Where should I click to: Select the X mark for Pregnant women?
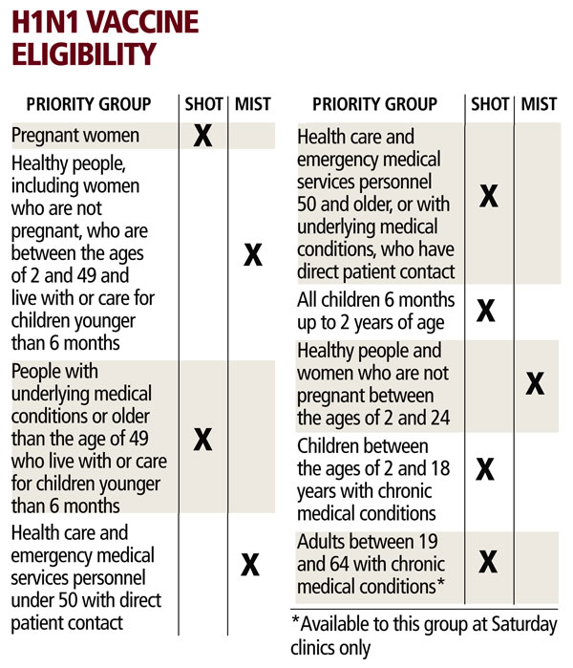click(x=202, y=136)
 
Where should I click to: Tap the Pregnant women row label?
click(x=75, y=136)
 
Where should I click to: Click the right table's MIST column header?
click(x=539, y=104)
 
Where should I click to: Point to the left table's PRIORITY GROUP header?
click(x=88, y=104)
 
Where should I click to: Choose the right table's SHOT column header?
click(x=490, y=104)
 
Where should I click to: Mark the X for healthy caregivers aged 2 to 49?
click(x=252, y=255)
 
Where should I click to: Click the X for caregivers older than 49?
click(x=202, y=439)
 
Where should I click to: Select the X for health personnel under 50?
click(x=250, y=565)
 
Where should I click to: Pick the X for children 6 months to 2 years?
click(x=486, y=311)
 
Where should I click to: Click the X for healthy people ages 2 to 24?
click(x=535, y=384)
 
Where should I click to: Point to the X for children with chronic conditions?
click(x=486, y=468)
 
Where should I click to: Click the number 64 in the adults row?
click(x=311, y=563)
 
